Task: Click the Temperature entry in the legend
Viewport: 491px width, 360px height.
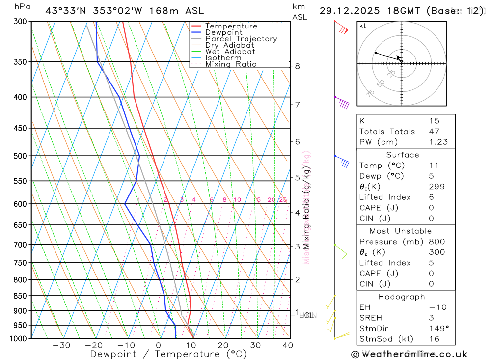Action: point(231,26)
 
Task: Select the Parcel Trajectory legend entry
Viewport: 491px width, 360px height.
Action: point(241,39)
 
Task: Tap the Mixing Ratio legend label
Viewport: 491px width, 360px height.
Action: point(231,64)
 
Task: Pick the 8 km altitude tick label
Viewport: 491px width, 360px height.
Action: point(297,66)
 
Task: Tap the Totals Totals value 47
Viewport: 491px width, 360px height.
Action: point(434,132)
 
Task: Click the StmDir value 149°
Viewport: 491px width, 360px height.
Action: point(438,329)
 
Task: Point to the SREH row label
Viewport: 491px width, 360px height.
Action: point(370,318)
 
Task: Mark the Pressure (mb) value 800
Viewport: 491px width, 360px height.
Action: point(436,242)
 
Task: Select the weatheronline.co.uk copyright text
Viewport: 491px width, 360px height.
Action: point(409,354)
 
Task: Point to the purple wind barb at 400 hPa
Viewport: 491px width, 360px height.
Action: point(342,102)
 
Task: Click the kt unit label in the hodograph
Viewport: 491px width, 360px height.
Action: point(363,26)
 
